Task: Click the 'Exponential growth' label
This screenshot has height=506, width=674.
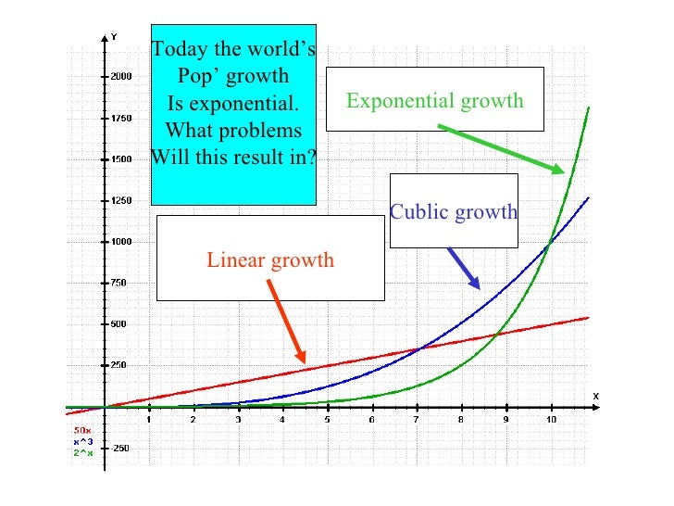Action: pos(434,100)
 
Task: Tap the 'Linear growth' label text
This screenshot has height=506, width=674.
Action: pos(269,259)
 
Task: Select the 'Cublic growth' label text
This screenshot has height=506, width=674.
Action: pos(453,212)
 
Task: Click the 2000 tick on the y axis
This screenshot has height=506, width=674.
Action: pos(120,77)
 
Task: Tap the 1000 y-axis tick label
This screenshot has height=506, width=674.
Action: pos(120,242)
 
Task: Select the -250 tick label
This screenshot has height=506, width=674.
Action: pos(120,448)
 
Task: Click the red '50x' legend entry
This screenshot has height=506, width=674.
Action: pos(81,429)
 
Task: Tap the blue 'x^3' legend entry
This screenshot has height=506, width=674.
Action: pos(81,438)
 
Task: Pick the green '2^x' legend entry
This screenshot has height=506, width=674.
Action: pos(81,448)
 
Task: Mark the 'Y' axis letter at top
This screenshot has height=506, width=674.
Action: pos(114,36)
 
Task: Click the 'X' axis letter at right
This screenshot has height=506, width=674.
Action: pos(595,396)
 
